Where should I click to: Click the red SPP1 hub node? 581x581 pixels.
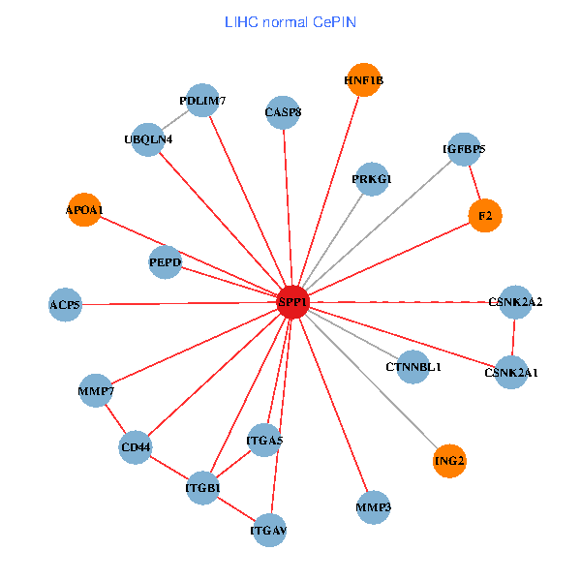click(292, 302)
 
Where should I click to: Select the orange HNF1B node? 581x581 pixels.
click(364, 80)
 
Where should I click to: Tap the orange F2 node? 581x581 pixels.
click(484, 216)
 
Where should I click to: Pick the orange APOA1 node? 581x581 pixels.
click(84, 209)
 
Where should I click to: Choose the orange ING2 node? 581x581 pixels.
click(449, 461)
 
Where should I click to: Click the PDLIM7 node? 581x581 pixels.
click(202, 101)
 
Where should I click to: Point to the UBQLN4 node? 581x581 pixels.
click(148, 139)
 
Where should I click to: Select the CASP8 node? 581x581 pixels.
click(283, 112)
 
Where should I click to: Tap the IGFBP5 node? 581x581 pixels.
click(464, 149)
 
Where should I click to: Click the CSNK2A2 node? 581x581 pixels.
click(515, 302)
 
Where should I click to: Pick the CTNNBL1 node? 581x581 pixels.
click(413, 367)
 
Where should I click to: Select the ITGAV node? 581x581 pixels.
click(269, 531)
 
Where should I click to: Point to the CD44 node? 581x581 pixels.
click(136, 447)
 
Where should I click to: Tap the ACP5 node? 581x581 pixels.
click(65, 306)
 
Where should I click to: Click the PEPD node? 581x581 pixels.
click(165, 262)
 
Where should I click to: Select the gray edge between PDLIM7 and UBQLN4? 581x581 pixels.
click(175, 120)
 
